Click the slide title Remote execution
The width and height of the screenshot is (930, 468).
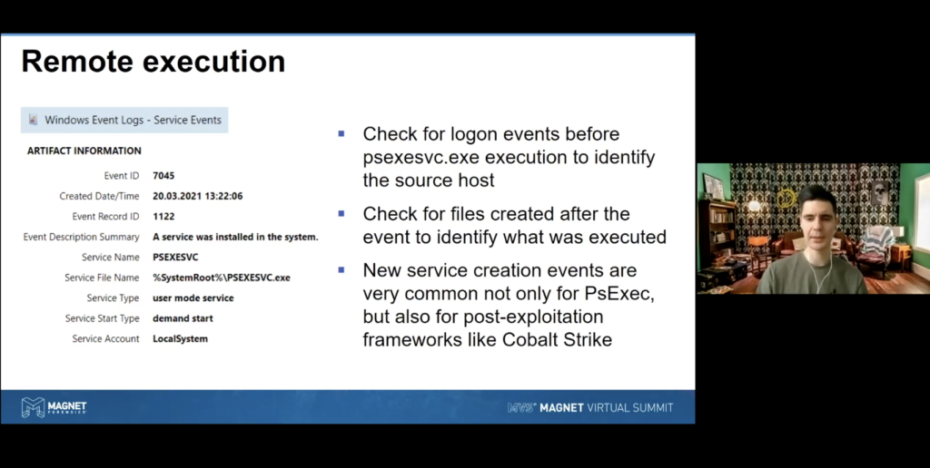pos(153,61)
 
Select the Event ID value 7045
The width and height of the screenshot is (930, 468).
pos(163,175)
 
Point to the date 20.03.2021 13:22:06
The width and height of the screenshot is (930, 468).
pos(197,196)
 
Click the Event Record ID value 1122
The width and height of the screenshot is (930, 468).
pos(163,216)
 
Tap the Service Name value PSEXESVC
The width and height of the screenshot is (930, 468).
pos(175,257)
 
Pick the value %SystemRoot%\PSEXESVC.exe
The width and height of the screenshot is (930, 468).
pos(222,278)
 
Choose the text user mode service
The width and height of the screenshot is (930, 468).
pos(193,298)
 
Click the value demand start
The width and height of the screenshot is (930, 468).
pos(183,318)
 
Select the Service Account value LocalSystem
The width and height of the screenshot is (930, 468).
pos(181,339)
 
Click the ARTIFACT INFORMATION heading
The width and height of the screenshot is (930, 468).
pos(84,151)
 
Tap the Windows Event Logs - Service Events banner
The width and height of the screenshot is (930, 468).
pos(124,120)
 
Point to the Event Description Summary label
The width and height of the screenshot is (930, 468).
pos(81,237)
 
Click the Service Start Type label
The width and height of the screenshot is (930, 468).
pos(102,318)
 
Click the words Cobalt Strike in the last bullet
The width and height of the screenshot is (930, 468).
pos(557,339)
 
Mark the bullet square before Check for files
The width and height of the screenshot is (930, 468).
pos(341,213)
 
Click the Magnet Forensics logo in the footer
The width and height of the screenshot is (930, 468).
pos(54,407)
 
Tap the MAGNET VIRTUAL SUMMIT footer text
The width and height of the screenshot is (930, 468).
pos(606,407)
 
